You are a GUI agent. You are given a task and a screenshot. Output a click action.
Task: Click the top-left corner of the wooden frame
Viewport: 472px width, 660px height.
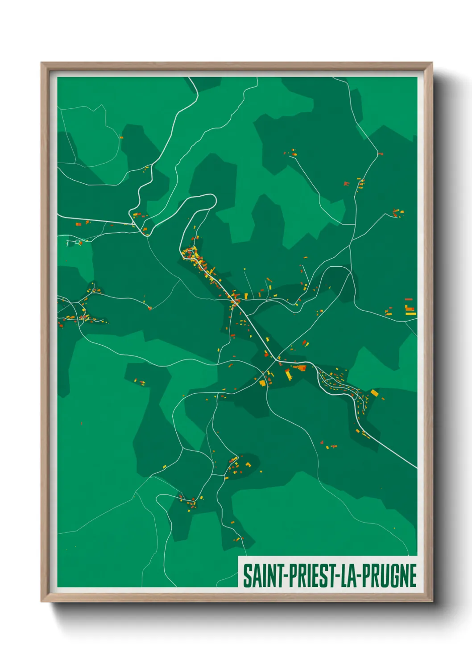(x=41, y=63)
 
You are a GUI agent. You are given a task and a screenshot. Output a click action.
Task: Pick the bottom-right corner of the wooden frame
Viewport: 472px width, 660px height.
(x=432, y=601)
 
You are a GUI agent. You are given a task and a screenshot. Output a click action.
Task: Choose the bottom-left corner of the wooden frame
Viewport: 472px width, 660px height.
(x=41, y=601)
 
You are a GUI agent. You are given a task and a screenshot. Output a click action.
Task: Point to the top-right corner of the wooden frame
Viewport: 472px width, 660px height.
(x=432, y=63)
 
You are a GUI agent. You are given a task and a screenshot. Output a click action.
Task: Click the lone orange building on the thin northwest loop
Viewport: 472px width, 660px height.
(x=121, y=137)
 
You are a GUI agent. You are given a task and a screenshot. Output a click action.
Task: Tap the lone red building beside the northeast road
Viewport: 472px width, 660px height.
(x=380, y=154)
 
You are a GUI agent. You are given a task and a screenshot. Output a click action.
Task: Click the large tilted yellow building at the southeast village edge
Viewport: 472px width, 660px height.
(x=374, y=393)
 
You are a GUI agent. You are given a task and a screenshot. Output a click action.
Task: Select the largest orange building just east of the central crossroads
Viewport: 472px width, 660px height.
(x=301, y=368)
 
